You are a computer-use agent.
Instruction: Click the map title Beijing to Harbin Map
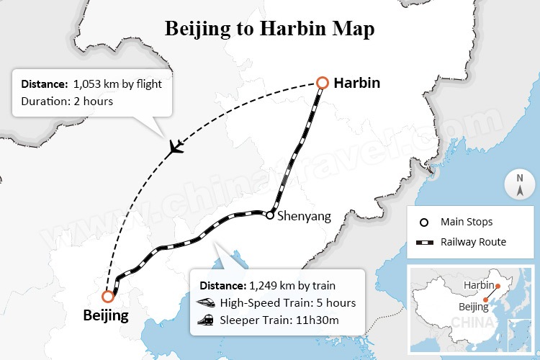pos(269,29)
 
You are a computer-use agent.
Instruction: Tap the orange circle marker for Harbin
pos(322,84)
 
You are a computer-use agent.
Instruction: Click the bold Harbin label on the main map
pos(356,84)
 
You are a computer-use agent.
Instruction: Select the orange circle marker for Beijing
pos(108,296)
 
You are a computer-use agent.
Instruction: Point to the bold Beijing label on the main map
pos(106,315)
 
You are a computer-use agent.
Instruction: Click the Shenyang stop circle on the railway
pos(269,215)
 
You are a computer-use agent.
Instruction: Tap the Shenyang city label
pos(303,215)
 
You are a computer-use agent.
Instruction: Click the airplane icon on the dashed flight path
pos(174,148)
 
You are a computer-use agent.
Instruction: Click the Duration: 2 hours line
pos(67,102)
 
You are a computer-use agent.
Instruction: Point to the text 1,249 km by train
pos(292,285)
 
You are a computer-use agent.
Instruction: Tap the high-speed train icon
pos(207,302)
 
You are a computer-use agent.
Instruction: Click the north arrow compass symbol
pos(519,185)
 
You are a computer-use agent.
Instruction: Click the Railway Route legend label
pos(474,242)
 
